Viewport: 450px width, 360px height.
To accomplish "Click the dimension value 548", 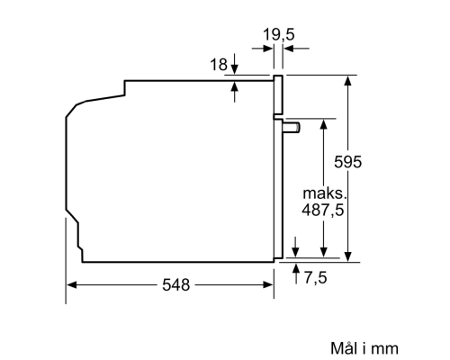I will coord(175,285).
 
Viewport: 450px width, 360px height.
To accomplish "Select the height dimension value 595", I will coord(372,163).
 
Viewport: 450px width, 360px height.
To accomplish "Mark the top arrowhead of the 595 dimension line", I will coord(347,81).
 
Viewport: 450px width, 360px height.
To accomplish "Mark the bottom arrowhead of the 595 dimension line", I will coord(347,255).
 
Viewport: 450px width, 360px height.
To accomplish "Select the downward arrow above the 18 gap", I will coord(234,67).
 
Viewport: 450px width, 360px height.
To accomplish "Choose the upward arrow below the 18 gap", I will coord(234,87).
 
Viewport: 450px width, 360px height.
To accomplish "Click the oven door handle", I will coord(292,128).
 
